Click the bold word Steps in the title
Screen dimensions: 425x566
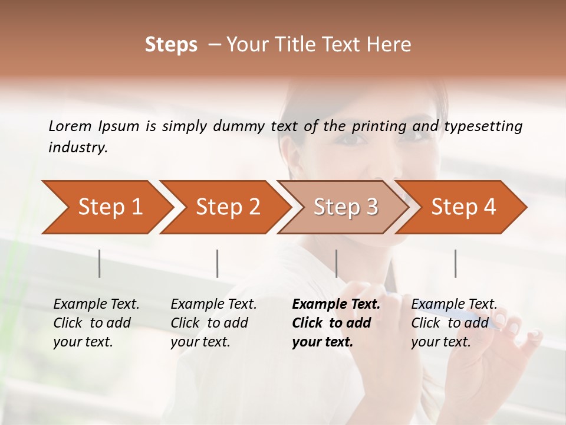coord(171,45)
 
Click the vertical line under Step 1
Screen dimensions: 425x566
coord(100,263)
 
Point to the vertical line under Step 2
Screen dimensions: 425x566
coord(218,263)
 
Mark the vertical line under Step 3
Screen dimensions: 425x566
coord(337,263)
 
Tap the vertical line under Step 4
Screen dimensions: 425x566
coord(456,263)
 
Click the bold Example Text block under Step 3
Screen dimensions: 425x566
coord(336,323)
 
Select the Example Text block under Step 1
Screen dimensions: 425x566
coord(96,323)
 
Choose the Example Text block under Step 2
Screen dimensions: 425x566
coord(213,323)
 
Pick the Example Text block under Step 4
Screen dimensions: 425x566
coord(454,323)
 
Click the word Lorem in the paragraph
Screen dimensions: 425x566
coord(70,126)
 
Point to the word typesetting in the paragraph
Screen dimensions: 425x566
coord(483,126)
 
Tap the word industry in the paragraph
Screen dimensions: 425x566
coord(77,148)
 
